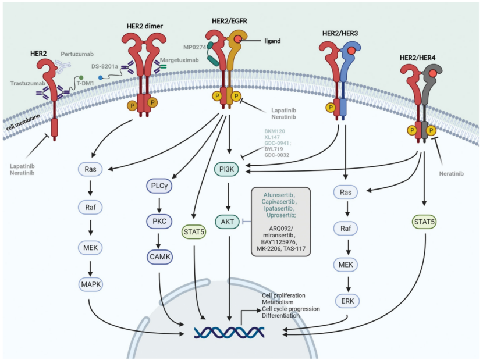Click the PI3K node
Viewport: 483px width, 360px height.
tap(227, 169)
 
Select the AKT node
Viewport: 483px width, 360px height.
tap(228, 222)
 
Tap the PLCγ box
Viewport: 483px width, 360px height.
tap(159, 186)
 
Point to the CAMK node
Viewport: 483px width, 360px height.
tap(159, 257)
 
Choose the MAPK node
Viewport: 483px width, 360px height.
tap(91, 284)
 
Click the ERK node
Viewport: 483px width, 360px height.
tap(347, 301)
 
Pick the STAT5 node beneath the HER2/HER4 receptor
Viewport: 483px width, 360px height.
tap(424, 222)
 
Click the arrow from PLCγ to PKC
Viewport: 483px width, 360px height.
tap(159, 205)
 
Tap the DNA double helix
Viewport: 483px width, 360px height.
tap(229, 333)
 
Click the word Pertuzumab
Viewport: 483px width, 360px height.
tap(77, 54)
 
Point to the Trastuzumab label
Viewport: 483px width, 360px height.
tap(27, 83)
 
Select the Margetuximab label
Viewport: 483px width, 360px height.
tap(179, 60)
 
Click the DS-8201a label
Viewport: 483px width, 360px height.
tap(105, 66)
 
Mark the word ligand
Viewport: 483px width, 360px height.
tap(272, 41)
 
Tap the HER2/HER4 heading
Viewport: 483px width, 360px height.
tap(417, 58)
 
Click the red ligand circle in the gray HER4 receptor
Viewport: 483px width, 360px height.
tap(433, 74)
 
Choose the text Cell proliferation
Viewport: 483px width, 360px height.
tap(283, 295)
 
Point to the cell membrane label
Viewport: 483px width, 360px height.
tap(23, 122)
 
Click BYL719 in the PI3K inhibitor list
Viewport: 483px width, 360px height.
tap(274, 149)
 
